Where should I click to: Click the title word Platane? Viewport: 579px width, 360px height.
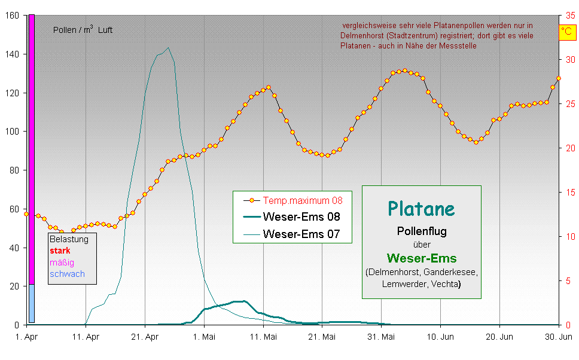pyautogui.click(x=421, y=208)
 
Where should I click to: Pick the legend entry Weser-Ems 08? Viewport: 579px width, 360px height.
pyautogui.click(x=301, y=217)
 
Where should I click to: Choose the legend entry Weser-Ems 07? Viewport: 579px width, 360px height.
pyautogui.click(x=301, y=234)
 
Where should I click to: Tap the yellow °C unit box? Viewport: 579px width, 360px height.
pyautogui.click(x=566, y=32)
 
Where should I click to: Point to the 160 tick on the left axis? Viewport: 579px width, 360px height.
pyautogui.click(x=12, y=16)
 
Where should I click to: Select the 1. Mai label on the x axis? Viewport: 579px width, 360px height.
pyautogui.click(x=205, y=337)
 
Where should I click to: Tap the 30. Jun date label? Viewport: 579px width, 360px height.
pyautogui.click(x=558, y=337)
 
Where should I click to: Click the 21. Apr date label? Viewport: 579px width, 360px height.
pyautogui.click(x=145, y=337)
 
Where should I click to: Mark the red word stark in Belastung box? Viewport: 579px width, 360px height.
pyautogui.click(x=60, y=251)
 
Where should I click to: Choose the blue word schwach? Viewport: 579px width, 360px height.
pyautogui.click(x=67, y=274)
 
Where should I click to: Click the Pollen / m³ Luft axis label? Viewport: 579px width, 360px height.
pyautogui.click(x=83, y=30)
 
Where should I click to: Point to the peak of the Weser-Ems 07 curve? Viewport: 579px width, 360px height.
pyautogui.click(x=168, y=48)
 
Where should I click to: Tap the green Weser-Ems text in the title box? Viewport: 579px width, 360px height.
pyautogui.click(x=421, y=258)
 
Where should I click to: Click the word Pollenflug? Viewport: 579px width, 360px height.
pyautogui.click(x=421, y=231)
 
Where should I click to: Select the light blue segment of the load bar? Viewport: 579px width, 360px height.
pyautogui.click(x=32, y=303)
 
